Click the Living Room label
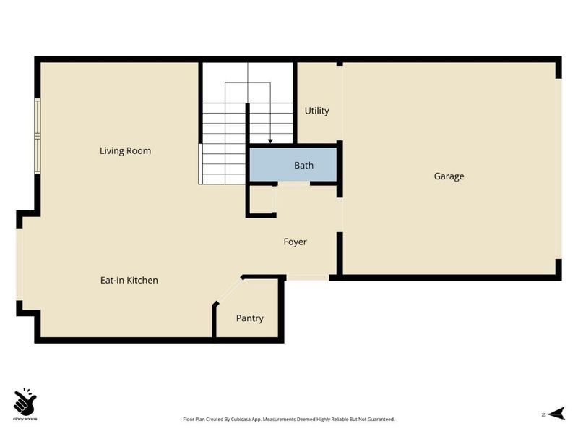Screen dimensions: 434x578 point(125,151)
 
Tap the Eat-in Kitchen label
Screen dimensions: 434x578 point(129,280)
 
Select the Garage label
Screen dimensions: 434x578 point(449,176)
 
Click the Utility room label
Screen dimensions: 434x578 point(316,111)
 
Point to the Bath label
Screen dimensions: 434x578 point(303,166)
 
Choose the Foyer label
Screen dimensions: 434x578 point(295,242)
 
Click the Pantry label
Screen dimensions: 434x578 point(249,318)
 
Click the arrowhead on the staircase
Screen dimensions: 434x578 point(270,141)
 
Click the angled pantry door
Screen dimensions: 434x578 point(228,291)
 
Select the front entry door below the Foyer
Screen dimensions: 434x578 point(308,277)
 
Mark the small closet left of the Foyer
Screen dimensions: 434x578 point(262,200)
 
